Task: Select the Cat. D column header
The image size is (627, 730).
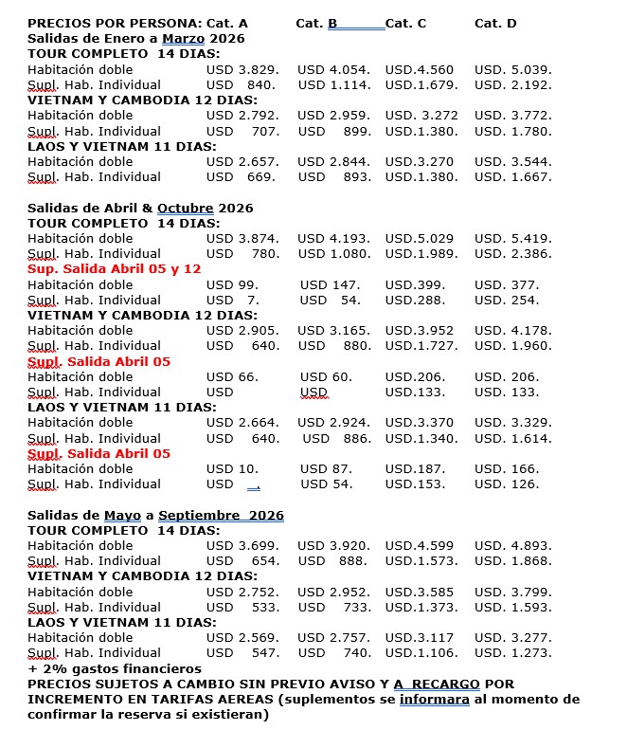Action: (x=495, y=23)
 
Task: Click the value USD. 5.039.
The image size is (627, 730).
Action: (x=512, y=69)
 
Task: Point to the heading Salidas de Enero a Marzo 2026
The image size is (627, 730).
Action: (x=135, y=38)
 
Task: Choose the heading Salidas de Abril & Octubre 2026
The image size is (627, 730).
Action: (x=140, y=208)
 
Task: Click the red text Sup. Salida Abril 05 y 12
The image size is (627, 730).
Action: (x=115, y=269)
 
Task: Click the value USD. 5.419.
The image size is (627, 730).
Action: (x=512, y=238)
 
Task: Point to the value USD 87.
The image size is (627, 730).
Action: (x=326, y=468)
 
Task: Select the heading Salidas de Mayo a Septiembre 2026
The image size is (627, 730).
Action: (x=155, y=515)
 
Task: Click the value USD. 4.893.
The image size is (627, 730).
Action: (x=512, y=545)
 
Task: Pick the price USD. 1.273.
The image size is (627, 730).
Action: (x=512, y=653)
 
